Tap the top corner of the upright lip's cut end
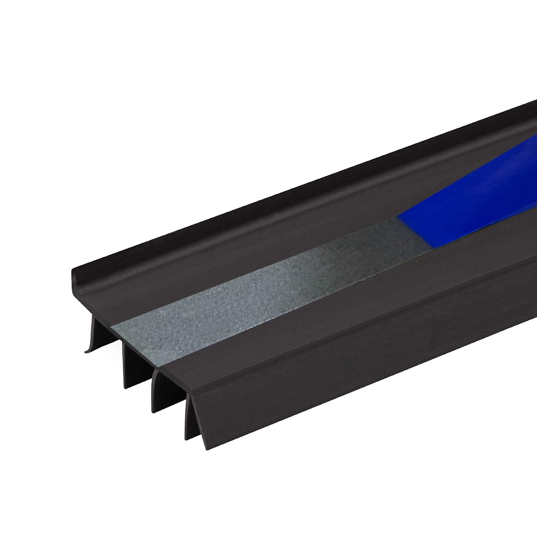(x=73, y=270)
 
